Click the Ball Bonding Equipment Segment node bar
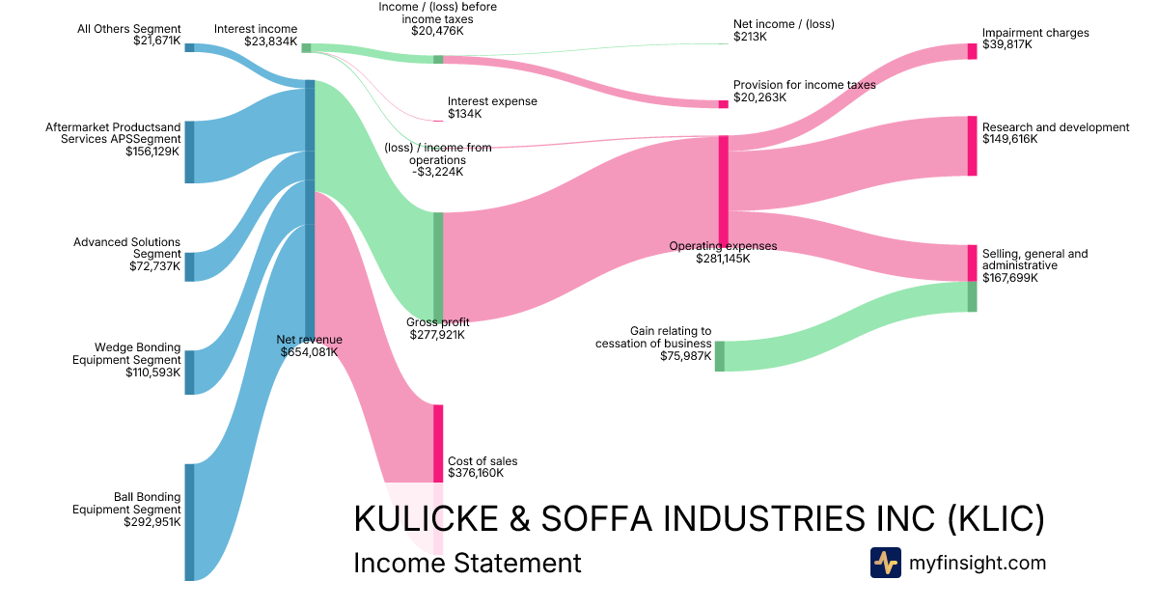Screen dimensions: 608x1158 coord(189,522)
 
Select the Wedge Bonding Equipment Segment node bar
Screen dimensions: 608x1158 coord(189,373)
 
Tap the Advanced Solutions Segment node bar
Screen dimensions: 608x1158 coord(189,266)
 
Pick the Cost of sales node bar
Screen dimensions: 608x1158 coord(438,443)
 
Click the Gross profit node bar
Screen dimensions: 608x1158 coord(438,266)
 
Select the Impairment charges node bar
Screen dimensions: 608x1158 coord(972,51)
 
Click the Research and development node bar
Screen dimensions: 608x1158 coord(972,146)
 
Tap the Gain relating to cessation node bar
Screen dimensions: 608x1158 coord(720,356)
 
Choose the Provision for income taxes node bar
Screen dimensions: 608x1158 coord(723,104)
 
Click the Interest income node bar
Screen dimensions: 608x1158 coord(306,47)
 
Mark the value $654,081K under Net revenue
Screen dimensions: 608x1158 coord(309,352)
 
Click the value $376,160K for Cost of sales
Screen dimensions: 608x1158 coord(476,473)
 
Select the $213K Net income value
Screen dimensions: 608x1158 coord(750,37)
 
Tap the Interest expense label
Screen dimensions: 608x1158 coord(492,101)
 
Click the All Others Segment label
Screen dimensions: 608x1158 coord(128,29)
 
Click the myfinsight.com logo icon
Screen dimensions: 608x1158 coord(885,563)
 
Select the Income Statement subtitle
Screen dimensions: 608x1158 coord(467,563)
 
